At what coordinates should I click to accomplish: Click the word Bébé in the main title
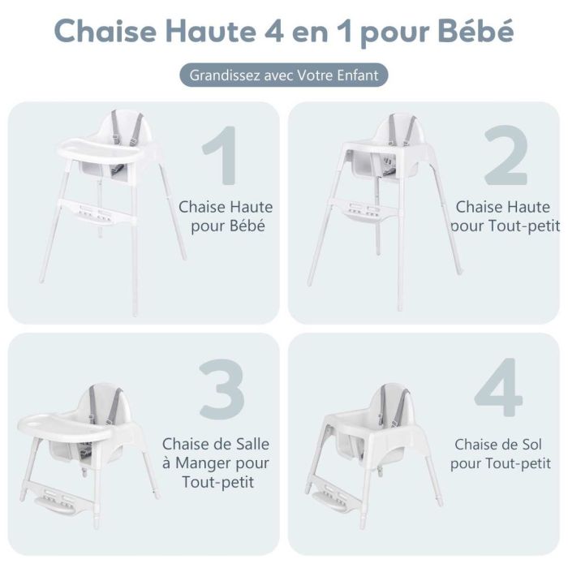(x=475, y=31)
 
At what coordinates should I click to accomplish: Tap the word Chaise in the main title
(x=105, y=31)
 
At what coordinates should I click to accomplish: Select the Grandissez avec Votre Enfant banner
(x=284, y=75)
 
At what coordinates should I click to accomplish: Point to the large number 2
(x=506, y=155)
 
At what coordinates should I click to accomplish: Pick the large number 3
(x=222, y=389)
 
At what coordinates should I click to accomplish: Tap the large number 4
(x=498, y=387)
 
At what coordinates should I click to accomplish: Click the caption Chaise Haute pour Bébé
(x=226, y=217)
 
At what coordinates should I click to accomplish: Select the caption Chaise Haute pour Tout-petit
(x=505, y=217)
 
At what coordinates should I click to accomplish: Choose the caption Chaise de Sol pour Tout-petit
(x=501, y=454)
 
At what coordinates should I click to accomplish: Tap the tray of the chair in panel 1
(x=101, y=151)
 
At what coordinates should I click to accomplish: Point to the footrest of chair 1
(x=97, y=212)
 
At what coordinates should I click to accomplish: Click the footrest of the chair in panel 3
(x=61, y=499)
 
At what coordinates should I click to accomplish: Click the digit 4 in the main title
(x=274, y=31)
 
